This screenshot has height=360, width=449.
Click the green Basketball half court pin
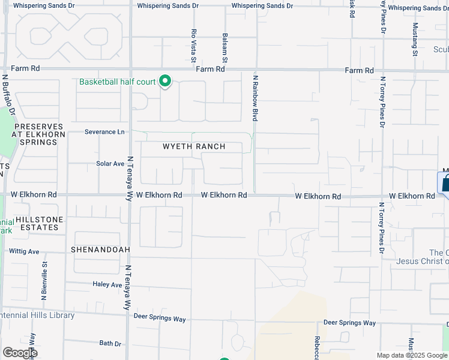(x=164, y=82)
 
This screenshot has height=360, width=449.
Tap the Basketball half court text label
(x=117, y=82)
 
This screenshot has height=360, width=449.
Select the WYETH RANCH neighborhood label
(x=194, y=146)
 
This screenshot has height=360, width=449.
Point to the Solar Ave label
(x=110, y=163)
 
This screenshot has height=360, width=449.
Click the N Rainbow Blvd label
(x=255, y=98)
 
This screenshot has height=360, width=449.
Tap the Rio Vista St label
(x=193, y=46)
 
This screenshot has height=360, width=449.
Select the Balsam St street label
(x=225, y=47)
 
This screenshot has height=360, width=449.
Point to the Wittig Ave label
(x=24, y=251)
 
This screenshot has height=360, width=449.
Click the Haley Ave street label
(x=107, y=284)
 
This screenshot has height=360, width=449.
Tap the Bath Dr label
(x=110, y=344)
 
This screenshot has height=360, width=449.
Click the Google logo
(x=20, y=353)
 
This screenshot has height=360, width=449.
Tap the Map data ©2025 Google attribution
(x=411, y=355)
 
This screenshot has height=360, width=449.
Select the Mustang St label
(x=415, y=40)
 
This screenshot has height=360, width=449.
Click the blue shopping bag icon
(x=445, y=183)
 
